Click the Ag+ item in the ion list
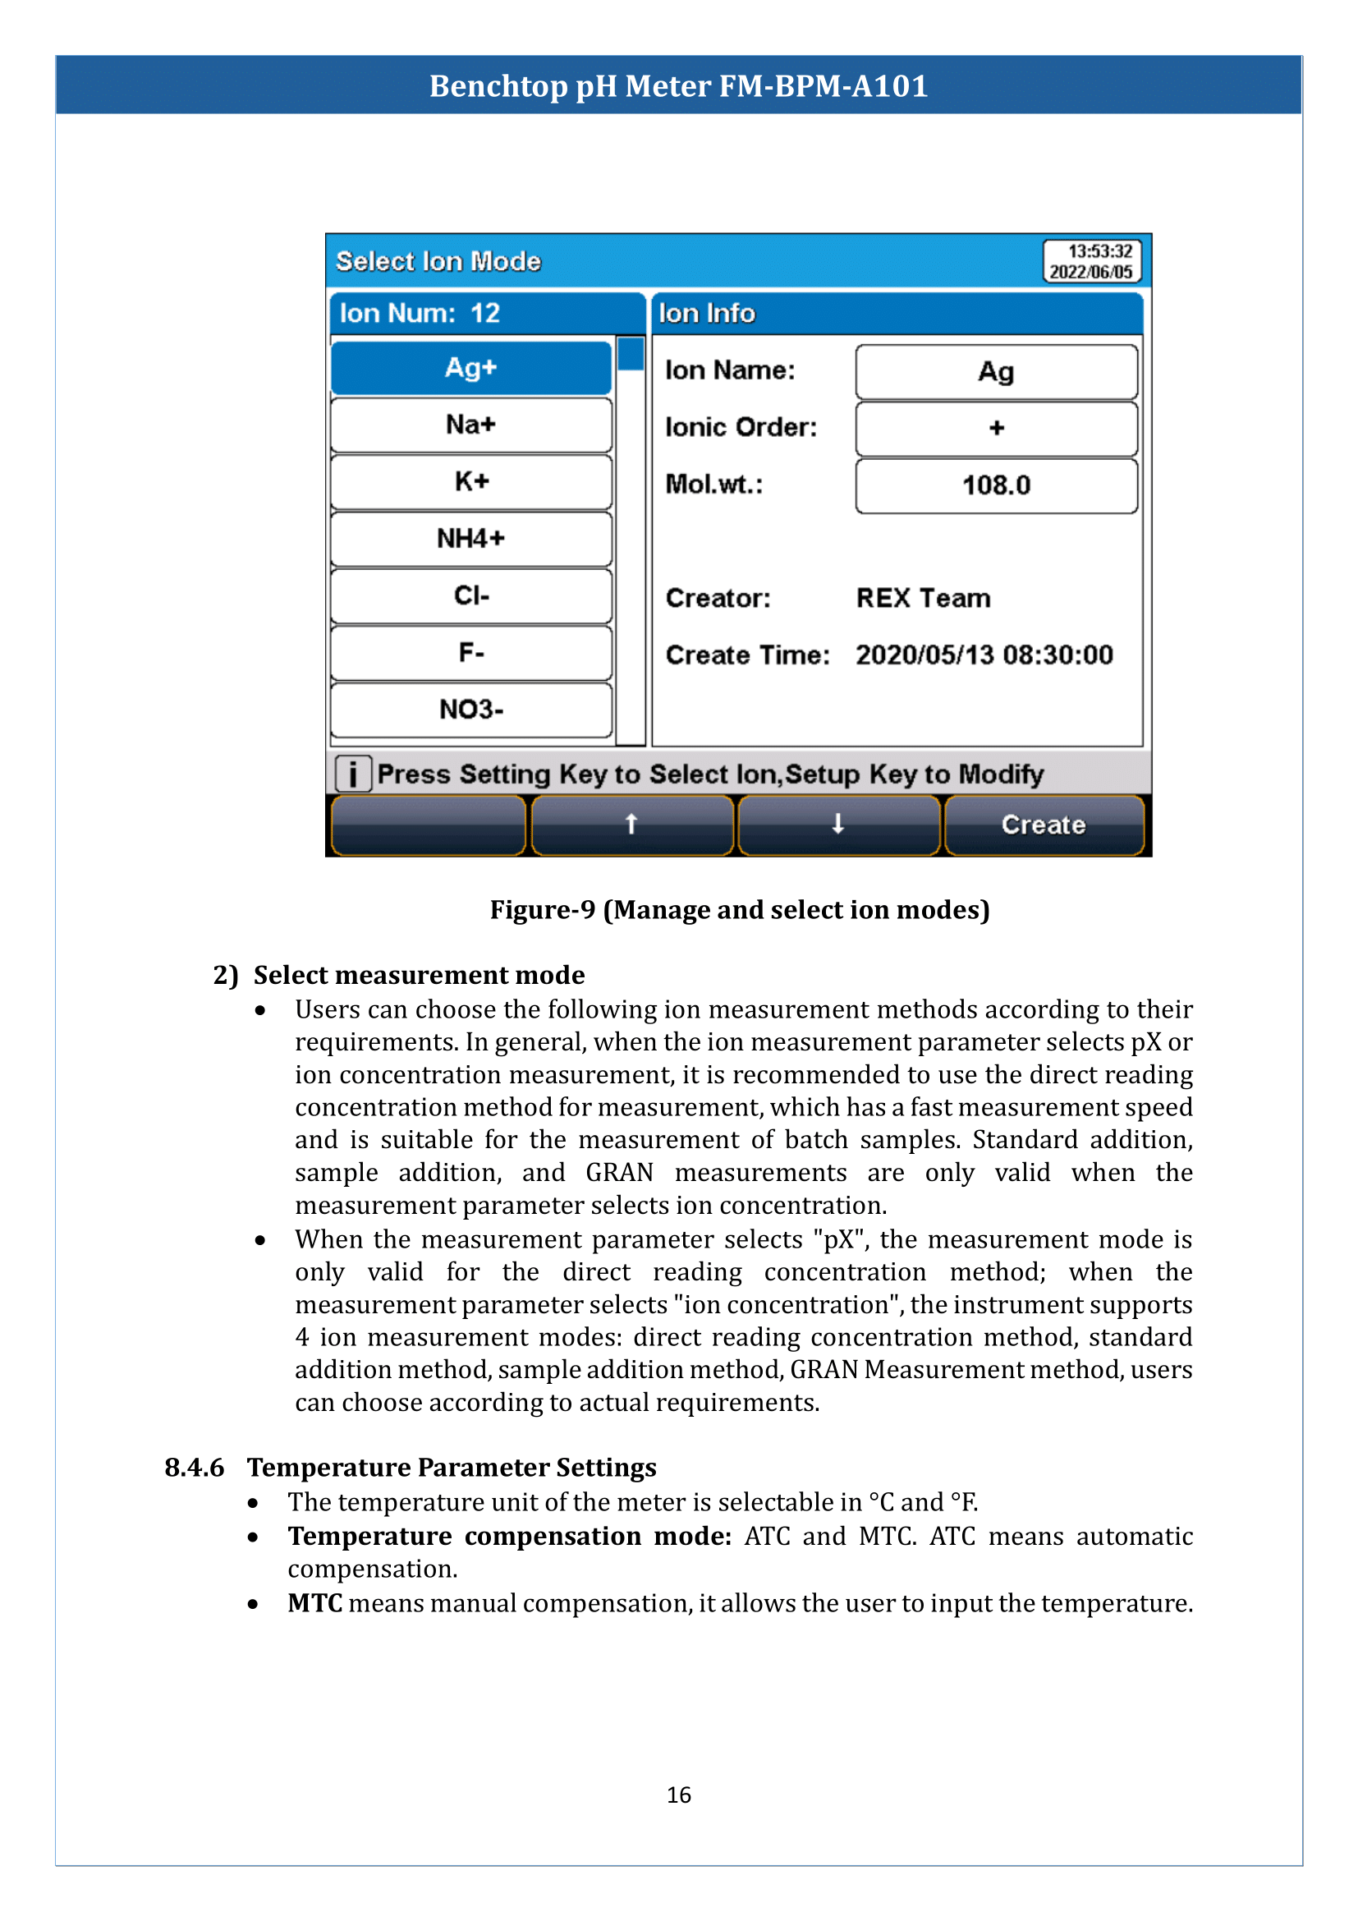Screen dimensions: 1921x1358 click(470, 368)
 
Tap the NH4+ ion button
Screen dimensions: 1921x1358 click(470, 539)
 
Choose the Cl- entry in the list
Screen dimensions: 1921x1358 click(470, 595)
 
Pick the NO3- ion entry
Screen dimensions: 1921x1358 click(470, 710)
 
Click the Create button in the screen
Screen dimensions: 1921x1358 click(1043, 825)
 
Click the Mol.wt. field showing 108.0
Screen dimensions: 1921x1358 click(996, 485)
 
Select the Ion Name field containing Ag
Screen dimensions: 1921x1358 click(996, 371)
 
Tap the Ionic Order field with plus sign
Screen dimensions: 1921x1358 click(996, 429)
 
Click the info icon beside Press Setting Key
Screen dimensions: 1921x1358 click(353, 774)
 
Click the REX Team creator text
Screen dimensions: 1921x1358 click(923, 598)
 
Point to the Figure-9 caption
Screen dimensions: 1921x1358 click(739, 909)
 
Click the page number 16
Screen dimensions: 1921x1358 click(678, 1795)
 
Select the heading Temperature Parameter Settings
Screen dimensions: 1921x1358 click(452, 1468)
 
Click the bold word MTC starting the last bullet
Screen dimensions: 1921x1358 click(314, 1603)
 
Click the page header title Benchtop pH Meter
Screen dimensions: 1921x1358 click(678, 86)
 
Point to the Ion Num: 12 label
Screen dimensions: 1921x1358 click(420, 314)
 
